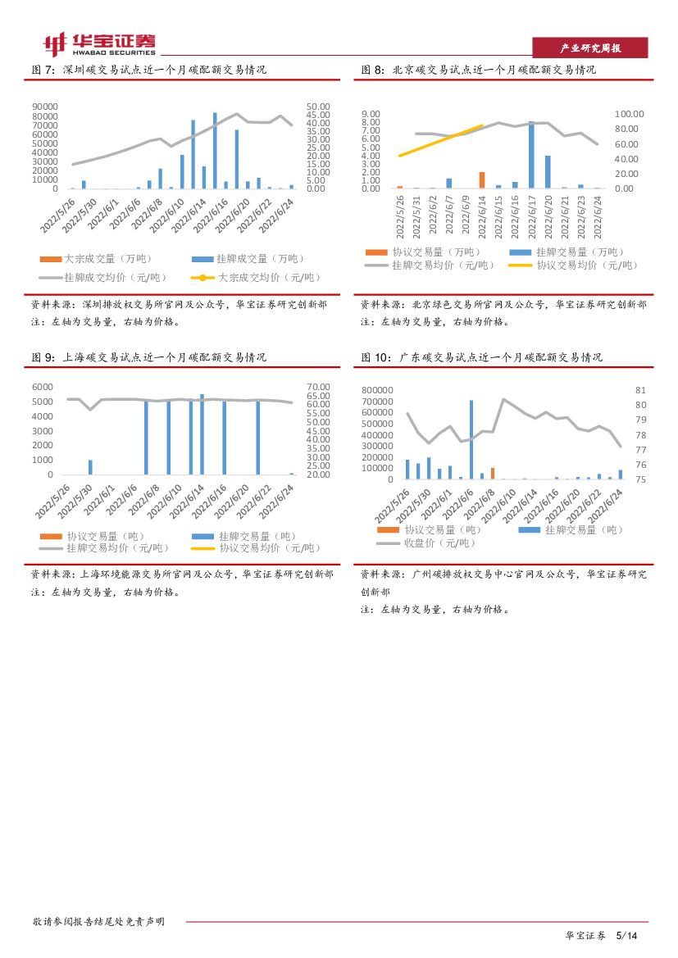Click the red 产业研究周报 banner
(x=590, y=48)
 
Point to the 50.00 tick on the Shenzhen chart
(x=317, y=107)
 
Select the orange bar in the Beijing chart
(x=482, y=180)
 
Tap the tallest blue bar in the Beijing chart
(x=531, y=156)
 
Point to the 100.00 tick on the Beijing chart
(x=630, y=114)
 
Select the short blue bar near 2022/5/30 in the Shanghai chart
(x=90, y=467)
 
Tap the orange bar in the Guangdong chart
(x=493, y=474)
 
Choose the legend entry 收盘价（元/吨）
(x=426, y=543)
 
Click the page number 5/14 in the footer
(x=626, y=935)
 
